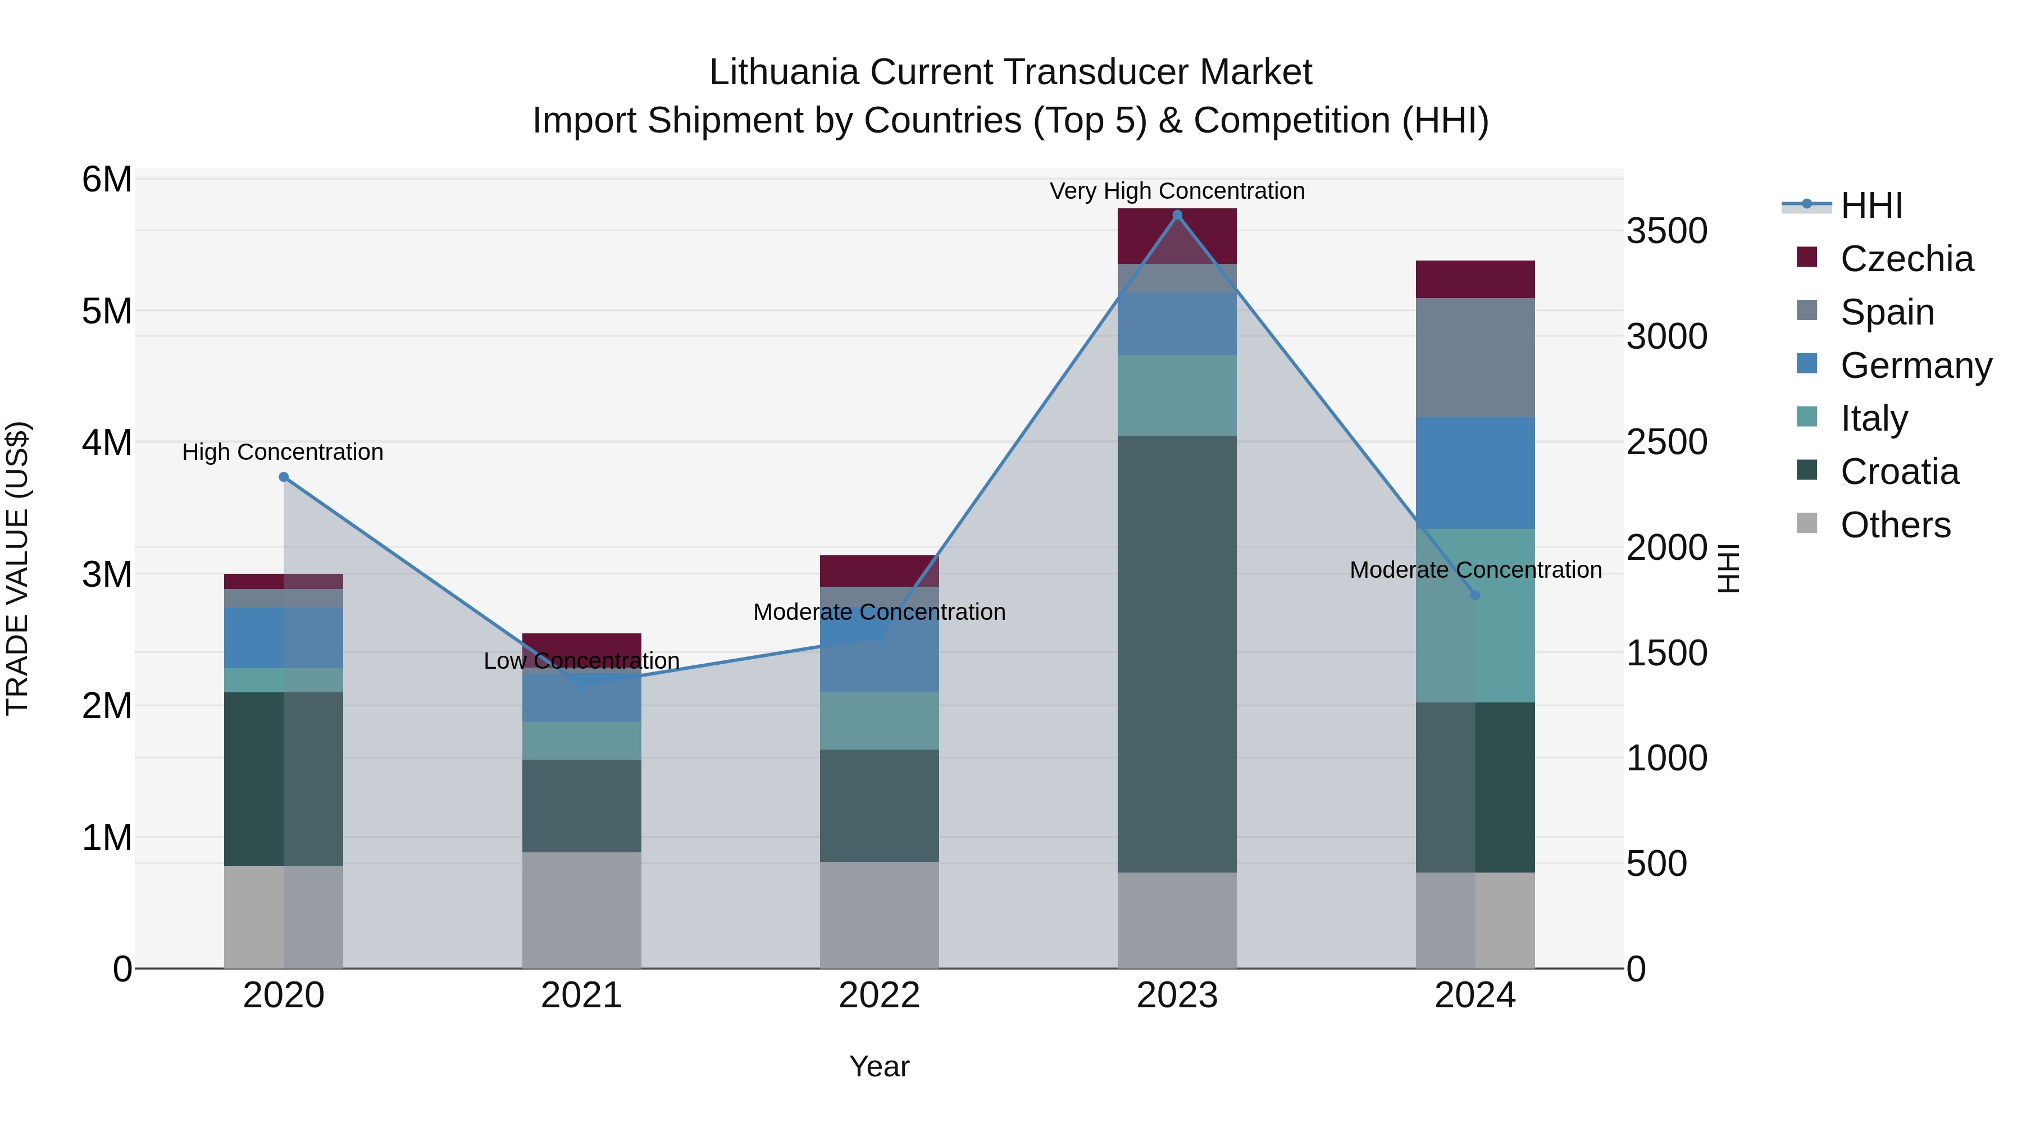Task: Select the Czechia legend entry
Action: pos(1906,259)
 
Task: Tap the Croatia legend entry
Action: pos(1899,472)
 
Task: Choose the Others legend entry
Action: pos(1895,525)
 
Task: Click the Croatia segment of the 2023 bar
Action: pos(1177,653)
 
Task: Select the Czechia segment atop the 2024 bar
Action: pos(1475,280)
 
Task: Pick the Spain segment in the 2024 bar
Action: pos(1475,358)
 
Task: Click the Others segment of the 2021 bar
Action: pos(582,910)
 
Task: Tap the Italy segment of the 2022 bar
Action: pos(879,720)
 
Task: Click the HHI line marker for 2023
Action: pos(1177,215)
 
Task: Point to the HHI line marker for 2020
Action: pos(284,477)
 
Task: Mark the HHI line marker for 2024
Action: pos(1475,596)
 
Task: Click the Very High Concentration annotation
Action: pos(1177,191)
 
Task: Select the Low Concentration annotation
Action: pos(582,661)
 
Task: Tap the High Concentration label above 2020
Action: pos(283,452)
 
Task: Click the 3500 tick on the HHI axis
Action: pos(1666,231)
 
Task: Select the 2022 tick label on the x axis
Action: pos(879,996)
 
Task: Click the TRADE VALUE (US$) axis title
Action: pos(18,568)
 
